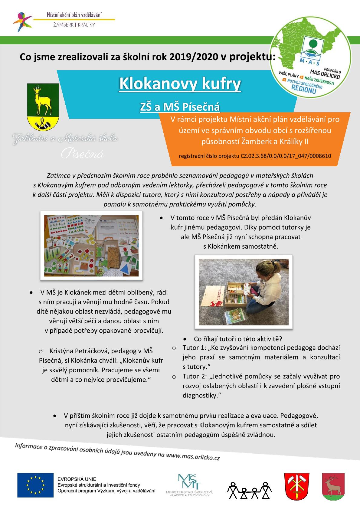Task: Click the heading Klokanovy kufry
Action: coord(180,84)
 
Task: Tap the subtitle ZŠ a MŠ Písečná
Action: coord(180,107)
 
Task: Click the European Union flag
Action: coord(35,485)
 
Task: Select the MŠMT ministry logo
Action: coord(189,485)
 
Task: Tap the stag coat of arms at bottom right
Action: coord(332,485)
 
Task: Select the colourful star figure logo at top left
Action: coord(22,21)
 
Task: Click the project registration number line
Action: coord(255,156)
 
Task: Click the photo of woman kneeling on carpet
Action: coord(244,292)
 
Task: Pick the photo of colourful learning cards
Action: coord(91,246)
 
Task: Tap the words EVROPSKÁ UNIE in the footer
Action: coord(77,479)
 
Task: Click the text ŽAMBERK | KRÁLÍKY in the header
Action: coord(74,25)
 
